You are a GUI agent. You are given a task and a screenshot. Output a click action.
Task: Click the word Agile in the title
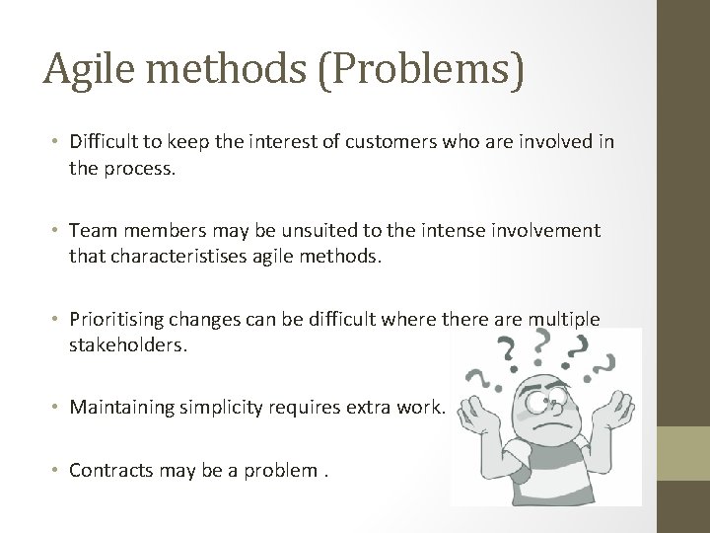tap(89, 70)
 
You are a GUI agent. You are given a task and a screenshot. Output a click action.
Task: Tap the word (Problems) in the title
tap(421, 70)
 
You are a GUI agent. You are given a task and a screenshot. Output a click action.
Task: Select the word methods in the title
tap(227, 68)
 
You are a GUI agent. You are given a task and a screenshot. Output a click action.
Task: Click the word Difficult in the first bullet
tap(104, 141)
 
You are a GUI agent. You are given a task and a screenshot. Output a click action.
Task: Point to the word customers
tap(390, 142)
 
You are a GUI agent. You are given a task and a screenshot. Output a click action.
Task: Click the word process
tap(139, 170)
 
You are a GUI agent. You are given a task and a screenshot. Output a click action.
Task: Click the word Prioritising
tap(116, 320)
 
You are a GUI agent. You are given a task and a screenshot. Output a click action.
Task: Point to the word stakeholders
tap(127, 345)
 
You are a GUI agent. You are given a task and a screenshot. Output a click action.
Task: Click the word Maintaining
tap(122, 408)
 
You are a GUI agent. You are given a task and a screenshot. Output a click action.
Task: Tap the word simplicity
tap(221, 408)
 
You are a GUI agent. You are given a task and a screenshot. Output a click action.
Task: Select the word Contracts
tap(110, 471)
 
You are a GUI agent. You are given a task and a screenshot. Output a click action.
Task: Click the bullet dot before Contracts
tap(55, 470)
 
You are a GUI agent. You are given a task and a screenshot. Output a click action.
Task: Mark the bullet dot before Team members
tap(55, 230)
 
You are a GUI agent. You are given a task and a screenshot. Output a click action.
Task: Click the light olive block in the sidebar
tap(683, 453)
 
